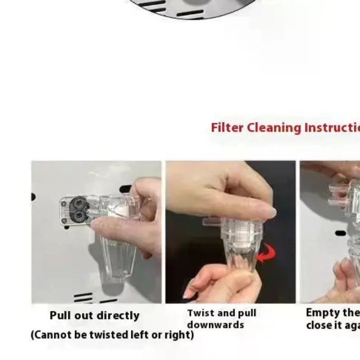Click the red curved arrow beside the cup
[268, 253]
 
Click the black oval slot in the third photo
[341, 233]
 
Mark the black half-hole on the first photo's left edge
[33, 197]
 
